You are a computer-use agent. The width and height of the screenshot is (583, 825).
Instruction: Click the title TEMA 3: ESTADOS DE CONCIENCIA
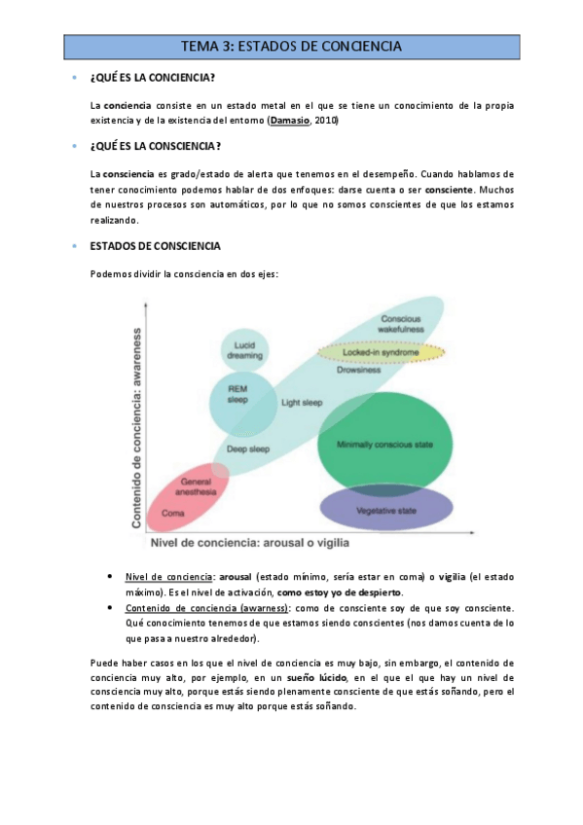[x=291, y=46]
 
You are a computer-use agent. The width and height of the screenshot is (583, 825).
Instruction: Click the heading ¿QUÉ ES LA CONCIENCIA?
[x=153, y=78]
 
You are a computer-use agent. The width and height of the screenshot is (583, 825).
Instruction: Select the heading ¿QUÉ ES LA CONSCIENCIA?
[x=155, y=146]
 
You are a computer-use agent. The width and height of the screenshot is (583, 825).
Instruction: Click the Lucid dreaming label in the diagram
[x=244, y=350]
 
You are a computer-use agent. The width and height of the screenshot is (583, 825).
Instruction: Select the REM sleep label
[x=237, y=393]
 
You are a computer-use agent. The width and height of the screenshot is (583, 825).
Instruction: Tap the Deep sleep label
[x=248, y=449]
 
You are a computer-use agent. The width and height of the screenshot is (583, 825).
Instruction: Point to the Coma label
[x=174, y=512]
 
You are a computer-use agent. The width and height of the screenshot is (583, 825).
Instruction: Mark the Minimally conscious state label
[x=384, y=445]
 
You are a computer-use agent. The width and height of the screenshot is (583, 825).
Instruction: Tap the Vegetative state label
[x=385, y=511]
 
